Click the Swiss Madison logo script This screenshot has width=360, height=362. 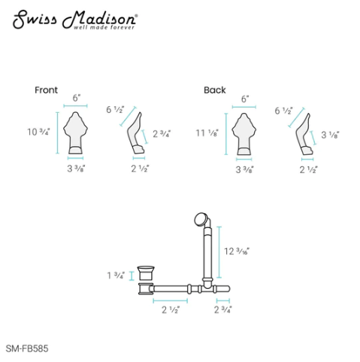(75, 19)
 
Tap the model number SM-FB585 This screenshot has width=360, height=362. (27, 348)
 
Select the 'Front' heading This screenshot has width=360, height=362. (46, 90)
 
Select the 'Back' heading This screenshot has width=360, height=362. (215, 90)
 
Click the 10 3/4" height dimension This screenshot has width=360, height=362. (38, 132)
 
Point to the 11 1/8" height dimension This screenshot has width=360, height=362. (207, 132)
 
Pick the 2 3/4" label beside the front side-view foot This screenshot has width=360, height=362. (162, 134)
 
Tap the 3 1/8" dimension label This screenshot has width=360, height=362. (330, 135)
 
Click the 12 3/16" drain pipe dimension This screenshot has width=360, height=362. (237, 251)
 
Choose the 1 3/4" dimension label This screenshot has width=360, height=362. (116, 275)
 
